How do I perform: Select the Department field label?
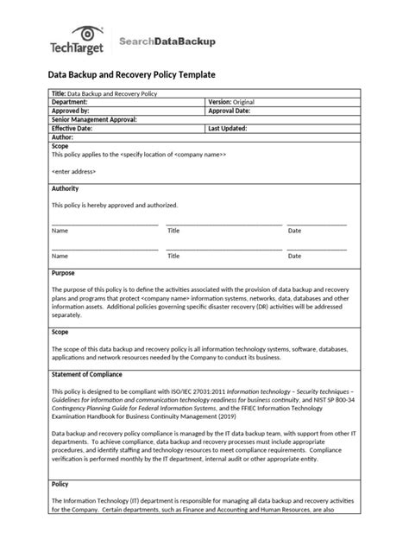pos(71,102)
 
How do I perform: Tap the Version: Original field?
pos(231,102)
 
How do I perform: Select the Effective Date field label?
pos(73,129)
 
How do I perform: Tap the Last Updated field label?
pos(229,129)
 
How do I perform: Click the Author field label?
pos(63,137)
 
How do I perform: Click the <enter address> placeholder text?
pos(74,172)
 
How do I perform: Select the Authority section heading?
pos(66,188)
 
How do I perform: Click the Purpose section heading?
pos(64,273)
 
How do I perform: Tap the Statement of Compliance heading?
pos(87,374)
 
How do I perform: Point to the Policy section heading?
pos(61,484)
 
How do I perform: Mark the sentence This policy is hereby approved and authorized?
pos(115,206)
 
